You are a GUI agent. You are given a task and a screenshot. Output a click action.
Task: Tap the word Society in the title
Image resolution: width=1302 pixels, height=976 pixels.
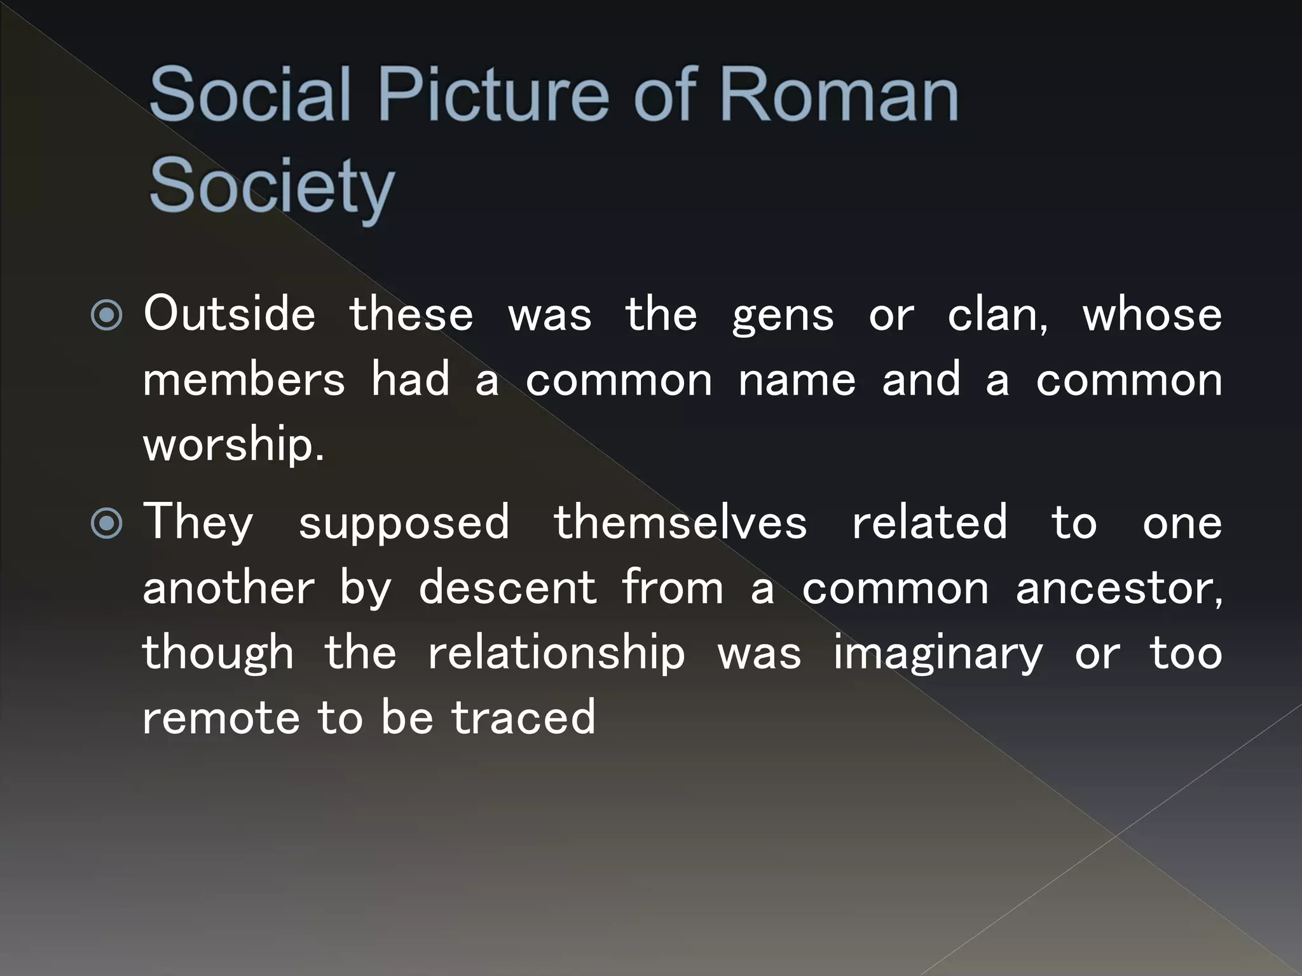(x=271, y=186)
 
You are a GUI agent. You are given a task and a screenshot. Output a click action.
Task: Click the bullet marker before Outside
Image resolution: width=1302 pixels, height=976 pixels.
(x=107, y=315)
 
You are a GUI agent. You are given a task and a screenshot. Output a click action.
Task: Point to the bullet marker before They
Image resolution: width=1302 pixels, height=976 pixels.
(x=107, y=524)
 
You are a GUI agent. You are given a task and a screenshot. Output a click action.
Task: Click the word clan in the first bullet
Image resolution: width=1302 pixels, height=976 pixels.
(x=996, y=315)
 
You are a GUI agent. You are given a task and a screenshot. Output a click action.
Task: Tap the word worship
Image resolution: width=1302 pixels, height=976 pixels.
(x=233, y=445)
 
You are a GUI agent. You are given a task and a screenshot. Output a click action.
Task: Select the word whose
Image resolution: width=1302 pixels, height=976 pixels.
(x=1152, y=315)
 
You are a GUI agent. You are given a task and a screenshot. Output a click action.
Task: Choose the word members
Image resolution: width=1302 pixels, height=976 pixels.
(x=243, y=380)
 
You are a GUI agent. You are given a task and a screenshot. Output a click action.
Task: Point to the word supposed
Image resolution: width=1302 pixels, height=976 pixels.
(x=404, y=524)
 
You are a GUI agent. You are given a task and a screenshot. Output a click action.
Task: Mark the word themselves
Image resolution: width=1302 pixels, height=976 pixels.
(x=680, y=523)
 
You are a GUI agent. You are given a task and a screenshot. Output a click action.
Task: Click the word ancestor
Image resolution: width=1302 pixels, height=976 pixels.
(x=1118, y=589)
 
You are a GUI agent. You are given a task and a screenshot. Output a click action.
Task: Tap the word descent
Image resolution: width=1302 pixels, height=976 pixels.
(x=507, y=588)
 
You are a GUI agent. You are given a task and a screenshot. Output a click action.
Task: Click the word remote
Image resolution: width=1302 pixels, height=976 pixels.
(x=221, y=718)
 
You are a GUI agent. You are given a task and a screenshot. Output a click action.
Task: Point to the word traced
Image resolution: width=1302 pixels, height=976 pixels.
(x=523, y=718)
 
